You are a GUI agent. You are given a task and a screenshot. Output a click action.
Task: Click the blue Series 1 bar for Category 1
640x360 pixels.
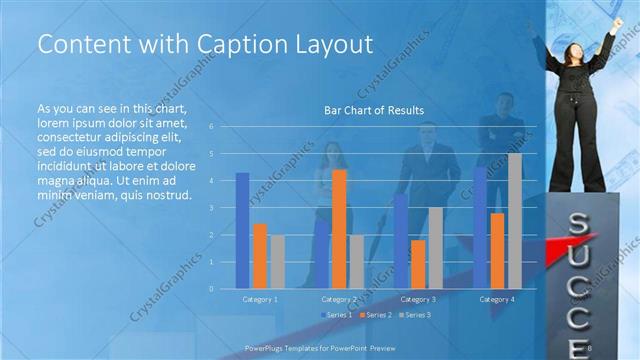tap(242, 230)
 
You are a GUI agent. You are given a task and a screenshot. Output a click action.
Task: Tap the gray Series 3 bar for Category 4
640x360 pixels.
tap(515, 220)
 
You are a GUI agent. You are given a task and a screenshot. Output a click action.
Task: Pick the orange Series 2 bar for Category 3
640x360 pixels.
tap(418, 263)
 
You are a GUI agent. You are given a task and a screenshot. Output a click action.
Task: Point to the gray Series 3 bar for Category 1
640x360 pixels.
tap(277, 261)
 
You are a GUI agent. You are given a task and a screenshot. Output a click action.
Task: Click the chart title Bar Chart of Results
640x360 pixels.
tap(374, 110)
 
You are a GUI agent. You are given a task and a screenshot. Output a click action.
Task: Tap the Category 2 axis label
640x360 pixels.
tap(339, 299)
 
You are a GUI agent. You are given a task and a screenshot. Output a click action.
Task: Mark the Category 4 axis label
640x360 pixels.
tap(497, 299)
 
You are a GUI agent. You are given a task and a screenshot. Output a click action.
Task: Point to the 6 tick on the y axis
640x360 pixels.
tap(211, 127)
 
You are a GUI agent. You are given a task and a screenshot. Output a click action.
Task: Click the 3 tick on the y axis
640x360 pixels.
tap(211, 208)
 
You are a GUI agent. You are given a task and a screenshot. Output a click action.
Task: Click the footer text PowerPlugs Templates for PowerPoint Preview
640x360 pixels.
tap(315, 347)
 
